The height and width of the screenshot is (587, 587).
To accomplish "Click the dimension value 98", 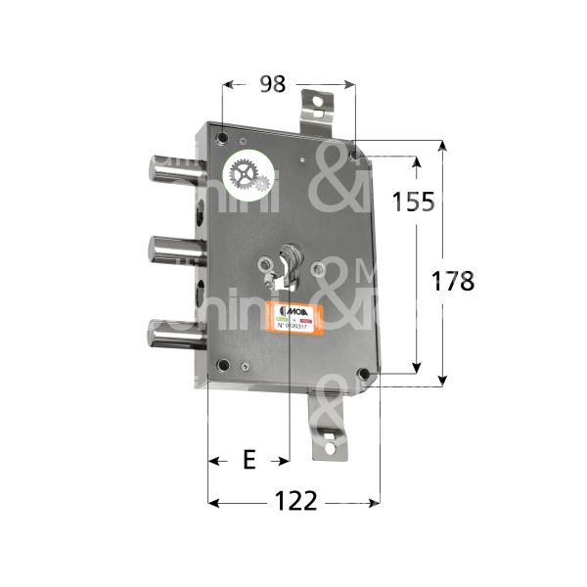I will [x=273, y=84].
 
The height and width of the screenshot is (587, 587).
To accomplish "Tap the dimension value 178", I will [x=452, y=281].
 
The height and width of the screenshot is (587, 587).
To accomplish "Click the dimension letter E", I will [x=248, y=460].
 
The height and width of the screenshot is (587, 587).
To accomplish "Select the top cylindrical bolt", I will [x=176, y=168].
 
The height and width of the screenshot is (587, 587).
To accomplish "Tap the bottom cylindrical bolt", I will [x=176, y=335].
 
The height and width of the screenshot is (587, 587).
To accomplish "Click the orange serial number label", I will [x=293, y=318].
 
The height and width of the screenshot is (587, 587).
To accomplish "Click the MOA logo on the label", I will [x=281, y=309].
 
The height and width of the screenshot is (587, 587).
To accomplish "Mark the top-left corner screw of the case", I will [x=223, y=138].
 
